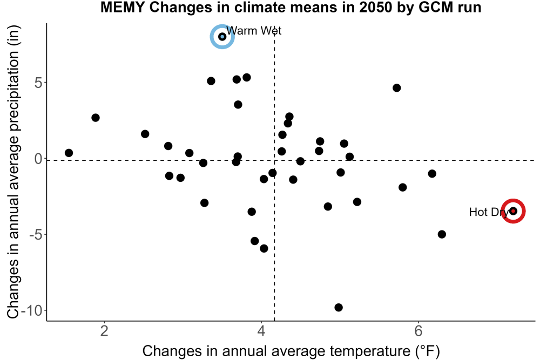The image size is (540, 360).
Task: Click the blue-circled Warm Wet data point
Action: coord(222,37)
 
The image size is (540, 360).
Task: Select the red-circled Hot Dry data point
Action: coord(513,211)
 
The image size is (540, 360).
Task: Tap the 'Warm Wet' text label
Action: coord(254,31)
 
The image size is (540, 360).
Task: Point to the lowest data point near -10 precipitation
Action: coord(339,307)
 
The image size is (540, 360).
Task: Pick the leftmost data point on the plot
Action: coord(69,153)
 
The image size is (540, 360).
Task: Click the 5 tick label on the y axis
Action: coord(38,83)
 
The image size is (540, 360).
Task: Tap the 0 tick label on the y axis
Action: coord(38,159)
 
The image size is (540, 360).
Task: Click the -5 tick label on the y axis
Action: coord(36,235)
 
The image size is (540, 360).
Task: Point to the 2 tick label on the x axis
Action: coord(104,331)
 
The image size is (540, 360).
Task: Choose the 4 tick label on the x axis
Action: coord(261,331)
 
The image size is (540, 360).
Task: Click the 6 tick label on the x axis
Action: coord(418,331)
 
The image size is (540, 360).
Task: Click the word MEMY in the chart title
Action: coord(123,7)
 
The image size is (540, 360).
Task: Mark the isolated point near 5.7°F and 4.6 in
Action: coord(397,88)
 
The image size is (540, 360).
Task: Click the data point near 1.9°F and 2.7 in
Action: coord(96,118)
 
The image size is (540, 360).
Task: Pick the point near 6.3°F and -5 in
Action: coord(442,234)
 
